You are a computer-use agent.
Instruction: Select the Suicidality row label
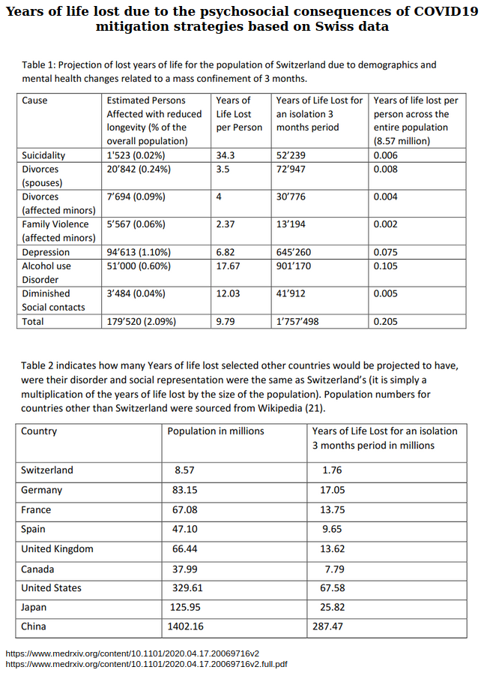[x=43, y=155]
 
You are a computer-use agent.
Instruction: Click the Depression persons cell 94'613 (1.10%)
[x=139, y=252]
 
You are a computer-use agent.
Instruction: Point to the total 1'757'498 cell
[x=298, y=321]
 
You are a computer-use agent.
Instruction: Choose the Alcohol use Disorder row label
[x=46, y=272]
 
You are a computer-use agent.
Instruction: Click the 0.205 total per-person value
[x=386, y=321]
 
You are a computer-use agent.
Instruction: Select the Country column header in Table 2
[x=39, y=431]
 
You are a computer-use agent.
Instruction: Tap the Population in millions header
[x=216, y=431]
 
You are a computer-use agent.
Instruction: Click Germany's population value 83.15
[x=187, y=490]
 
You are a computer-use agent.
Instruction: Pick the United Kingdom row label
[x=57, y=548]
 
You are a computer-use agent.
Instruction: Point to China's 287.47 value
[x=332, y=626]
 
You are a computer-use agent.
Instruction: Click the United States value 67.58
[x=333, y=587]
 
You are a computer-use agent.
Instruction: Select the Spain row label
[x=33, y=529]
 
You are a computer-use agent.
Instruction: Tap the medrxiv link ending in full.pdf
[x=146, y=663]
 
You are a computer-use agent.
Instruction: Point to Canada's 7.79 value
[x=334, y=569]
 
